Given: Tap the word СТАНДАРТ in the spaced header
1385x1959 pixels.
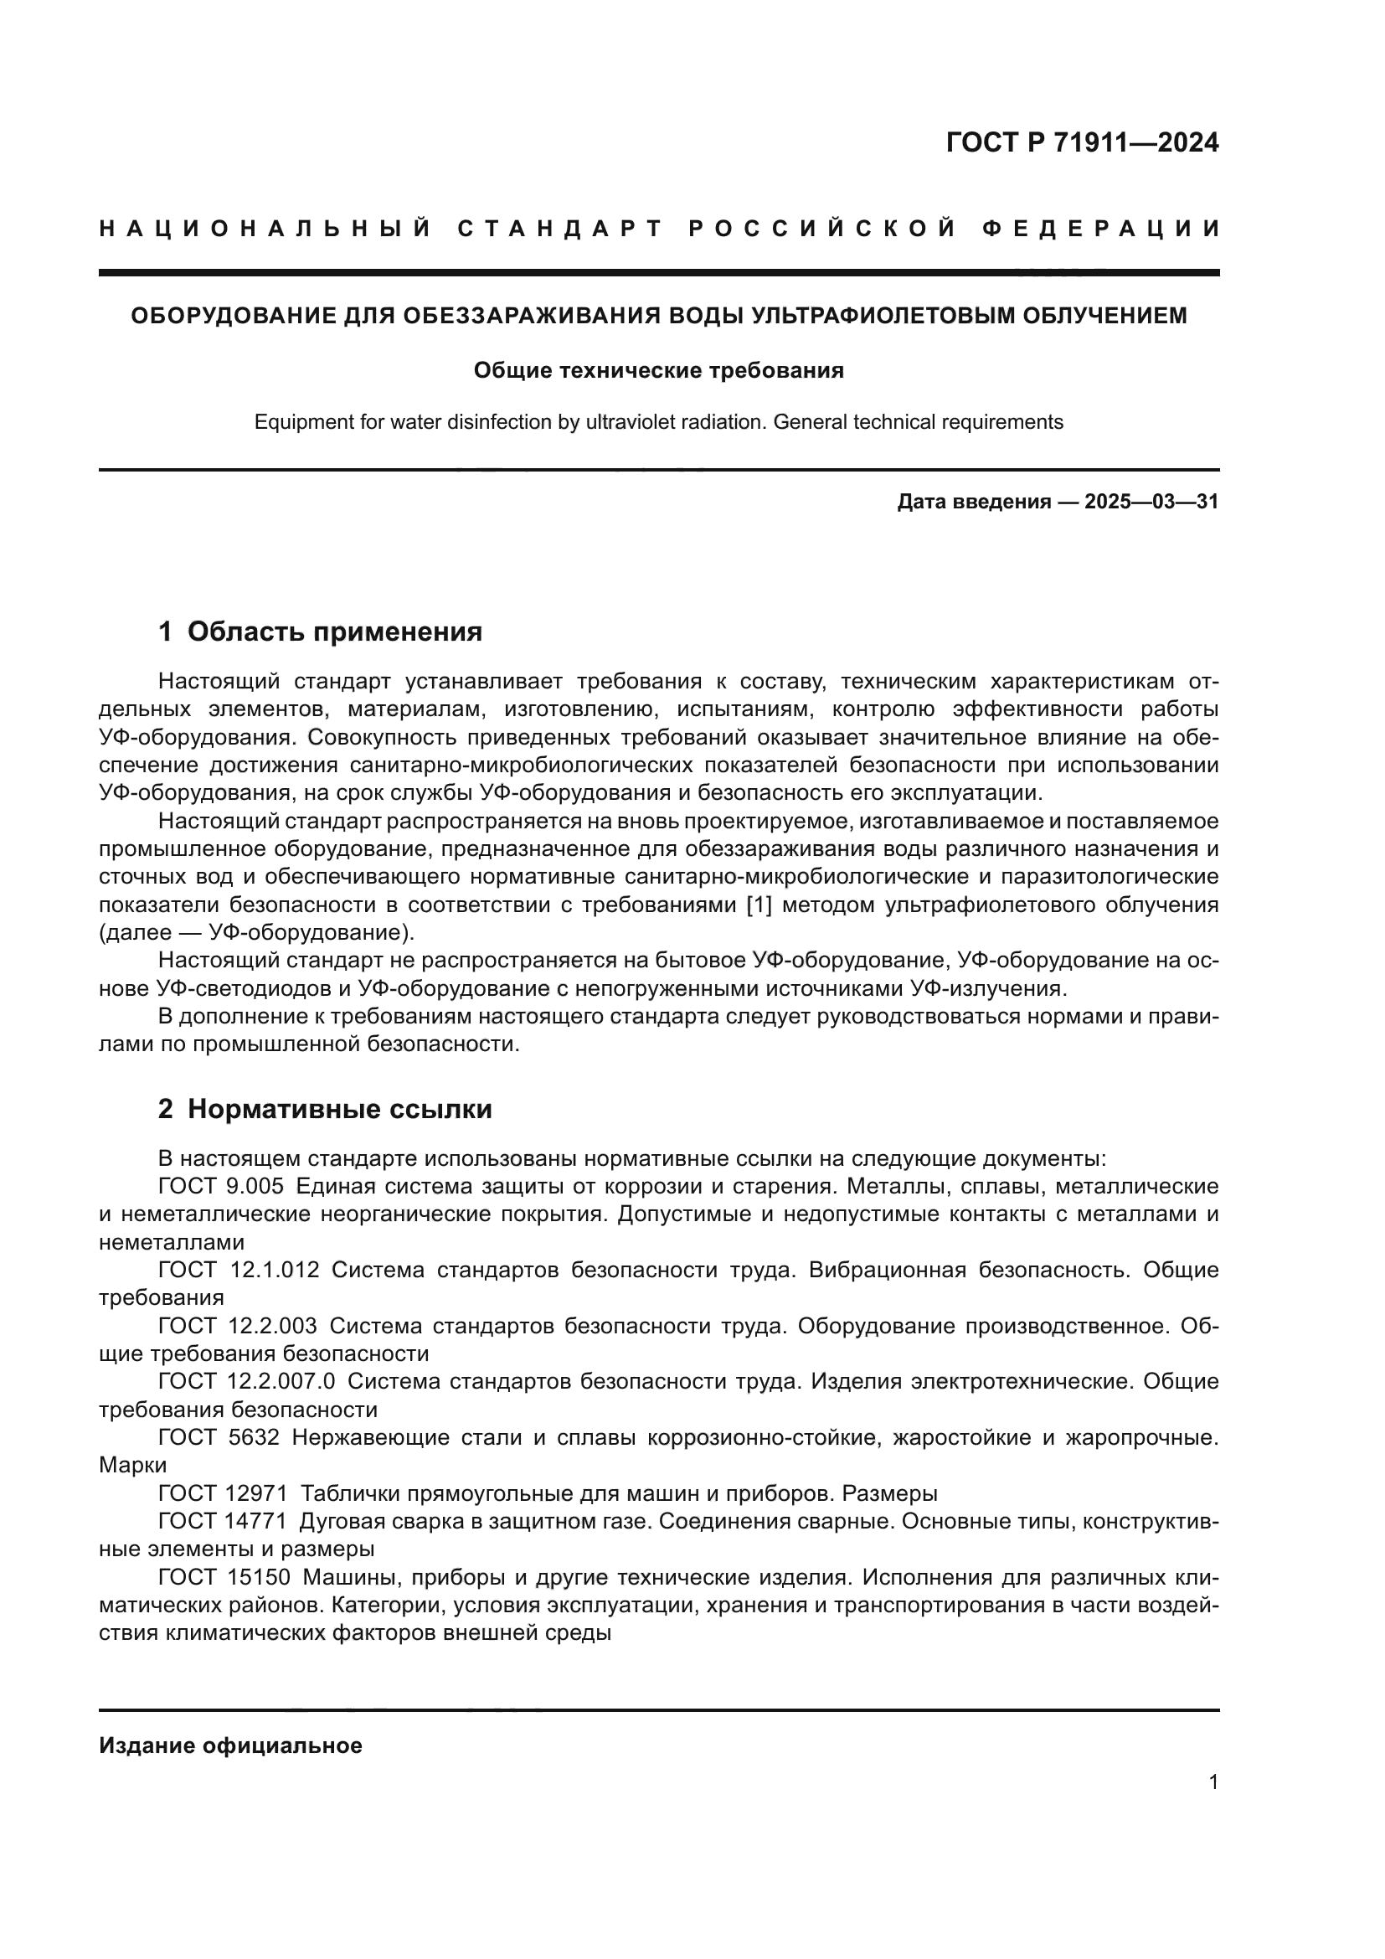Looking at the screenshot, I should (x=559, y=229).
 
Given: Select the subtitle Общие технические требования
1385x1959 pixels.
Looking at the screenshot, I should (x=658, y=370).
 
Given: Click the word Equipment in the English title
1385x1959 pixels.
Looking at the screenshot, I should (x=294, y=422).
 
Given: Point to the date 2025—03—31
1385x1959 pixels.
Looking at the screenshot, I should (x=1151, y=502).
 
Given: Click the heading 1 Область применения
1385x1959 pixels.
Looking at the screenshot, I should (x=320, y=632).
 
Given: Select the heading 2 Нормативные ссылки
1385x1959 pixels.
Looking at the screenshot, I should (x=325, y=1109).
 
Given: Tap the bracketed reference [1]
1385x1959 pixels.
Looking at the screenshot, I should (x=759, y=905).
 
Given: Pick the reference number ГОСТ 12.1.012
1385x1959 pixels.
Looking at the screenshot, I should (x=239, y=1270).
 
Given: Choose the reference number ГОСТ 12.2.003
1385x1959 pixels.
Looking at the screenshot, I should (x=237, y=1326).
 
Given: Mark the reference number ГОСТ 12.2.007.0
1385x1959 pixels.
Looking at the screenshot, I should (x=246, y=1381).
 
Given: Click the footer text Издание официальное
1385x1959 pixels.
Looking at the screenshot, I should (x=230, y=1745).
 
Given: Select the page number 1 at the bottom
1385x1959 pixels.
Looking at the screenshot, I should (x=1213, y=1781).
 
